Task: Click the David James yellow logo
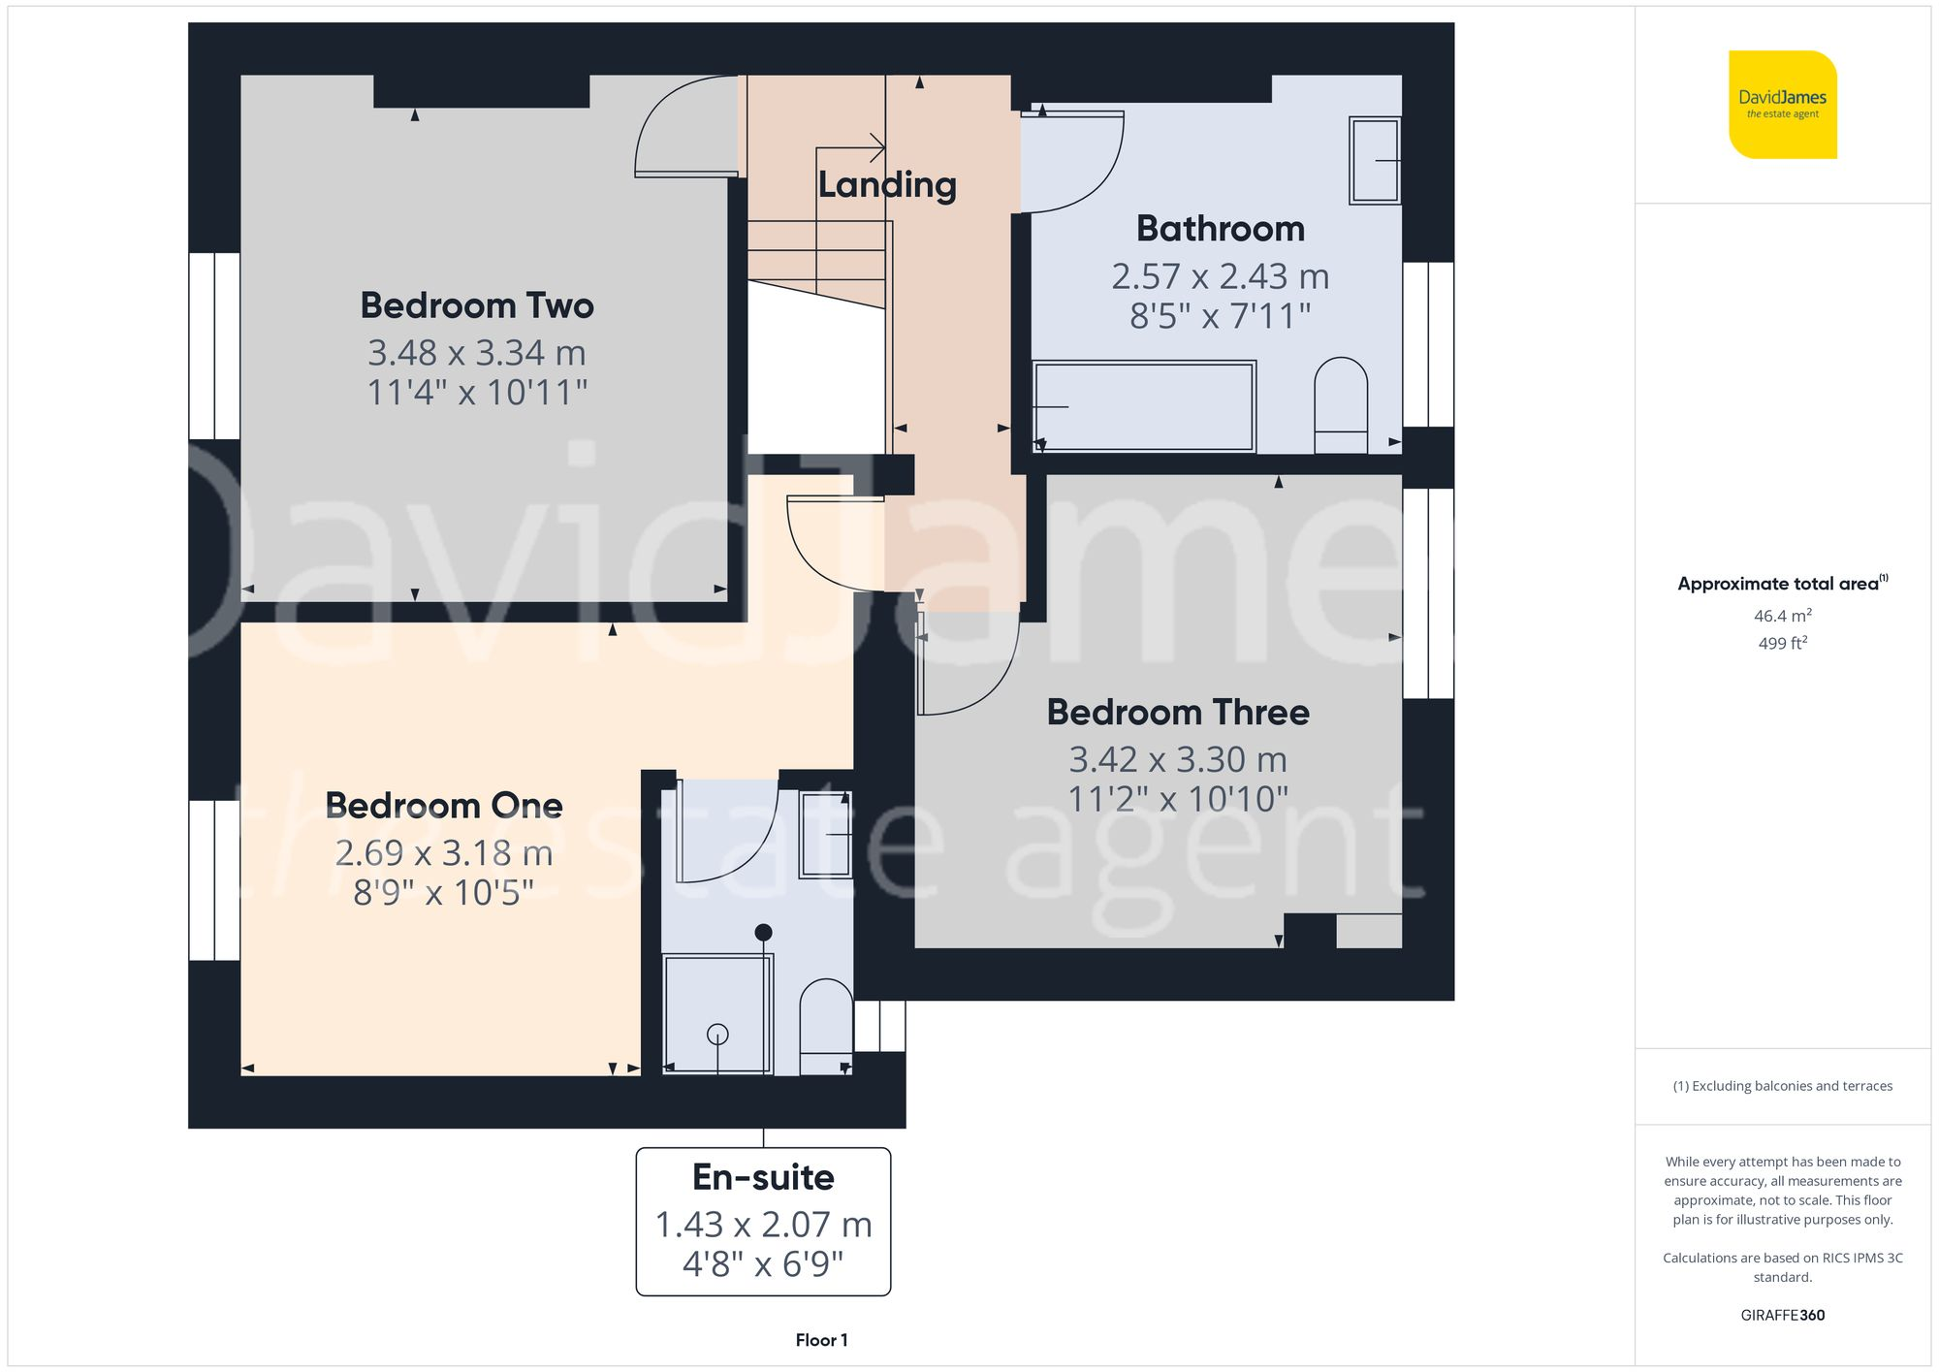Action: pos(1782,105)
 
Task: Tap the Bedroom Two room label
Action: pos(477,305)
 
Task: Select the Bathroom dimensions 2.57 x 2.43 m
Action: pos(1220,277)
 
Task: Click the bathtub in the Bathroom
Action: pos(1144,406)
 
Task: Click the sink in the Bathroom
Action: pos(1375,160)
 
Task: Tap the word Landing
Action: pos(887,184)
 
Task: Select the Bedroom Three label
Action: pos(1178,713)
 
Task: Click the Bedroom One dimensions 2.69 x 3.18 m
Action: pos(444,853)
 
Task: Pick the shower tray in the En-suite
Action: pos(717,1013)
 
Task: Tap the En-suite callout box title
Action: pos(763,1177)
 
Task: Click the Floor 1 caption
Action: pos(821,1340)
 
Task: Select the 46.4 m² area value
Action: pos(1782,616)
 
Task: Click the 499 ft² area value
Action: pos(1782,643)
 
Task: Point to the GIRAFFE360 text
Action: pos(1782,1315)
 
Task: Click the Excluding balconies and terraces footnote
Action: pos(1782,1086)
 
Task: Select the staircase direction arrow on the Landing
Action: pos(853,148)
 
